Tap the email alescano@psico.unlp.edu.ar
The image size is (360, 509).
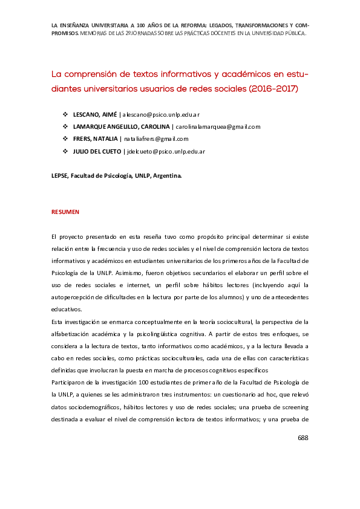tap(162, 114)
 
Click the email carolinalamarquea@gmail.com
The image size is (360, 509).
tap(218, 126)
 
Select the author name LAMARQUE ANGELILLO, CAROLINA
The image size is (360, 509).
tap(120, 126)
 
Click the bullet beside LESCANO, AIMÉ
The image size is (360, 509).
tap(65, 114)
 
